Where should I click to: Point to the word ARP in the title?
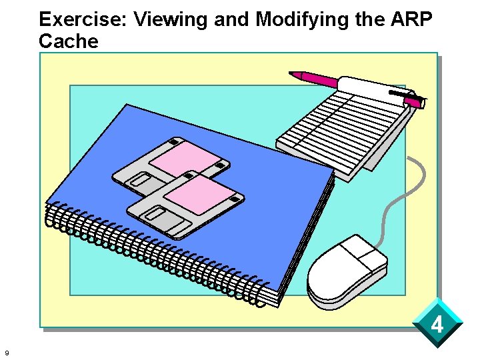point(411,19)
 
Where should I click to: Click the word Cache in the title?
point(68,41)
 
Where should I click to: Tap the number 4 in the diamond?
point(437,325)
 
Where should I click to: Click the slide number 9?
point(6,353)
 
